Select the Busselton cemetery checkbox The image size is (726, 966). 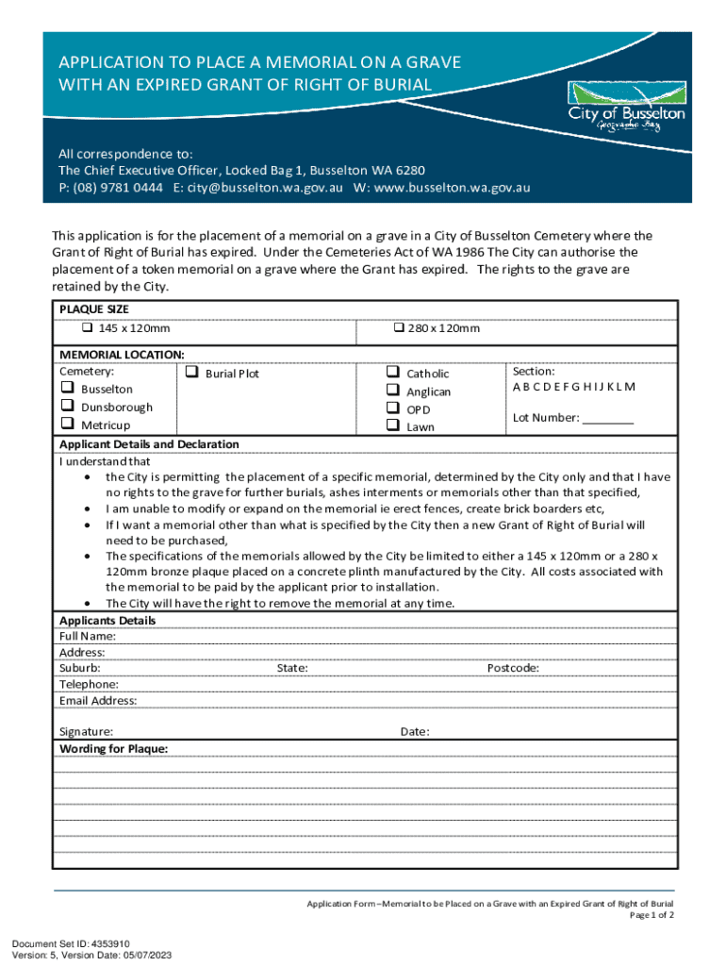[x=67, y=389]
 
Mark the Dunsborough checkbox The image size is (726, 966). [x=67, y=407]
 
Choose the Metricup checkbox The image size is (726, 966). [x=67, y=425]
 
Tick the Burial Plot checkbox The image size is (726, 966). [x=191, y=373]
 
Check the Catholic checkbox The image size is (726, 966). [x=393, y=373]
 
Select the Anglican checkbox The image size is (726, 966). [x=393, y=391]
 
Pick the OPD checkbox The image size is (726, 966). [x=393, y=408]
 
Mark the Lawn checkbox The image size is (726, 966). [x=393, y=426]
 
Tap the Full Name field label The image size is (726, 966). [x=86, y=637]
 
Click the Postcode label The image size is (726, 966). [x=513, y=668]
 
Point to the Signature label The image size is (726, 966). [x=86, y=731]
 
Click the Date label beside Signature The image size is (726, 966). [x=415, y=731]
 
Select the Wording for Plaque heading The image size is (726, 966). [x=114, y=748]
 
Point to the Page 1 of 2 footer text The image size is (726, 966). [x=651, y=915]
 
